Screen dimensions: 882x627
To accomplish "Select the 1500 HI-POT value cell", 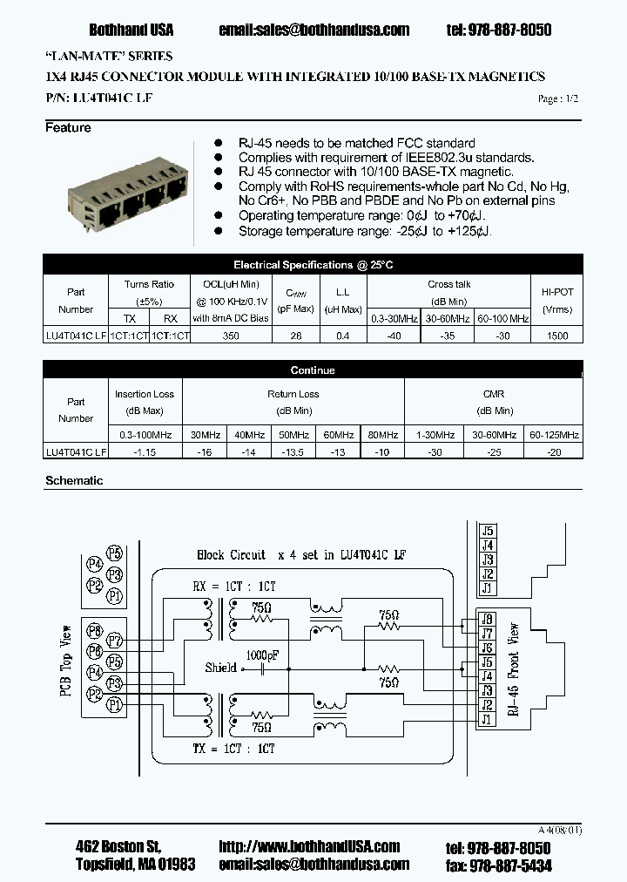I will pos(556,336).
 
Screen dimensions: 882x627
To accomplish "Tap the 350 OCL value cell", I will pos(230,336).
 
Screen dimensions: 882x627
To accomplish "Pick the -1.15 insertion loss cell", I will pos(145,452).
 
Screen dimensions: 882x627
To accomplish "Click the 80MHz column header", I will pos(379,434).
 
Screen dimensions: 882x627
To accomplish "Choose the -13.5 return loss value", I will pos(293,452).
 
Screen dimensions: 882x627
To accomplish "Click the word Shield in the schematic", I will pos(220,668).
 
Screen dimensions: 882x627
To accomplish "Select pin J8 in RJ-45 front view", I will pos(488,621).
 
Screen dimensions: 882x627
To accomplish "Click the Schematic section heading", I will pos(73,480).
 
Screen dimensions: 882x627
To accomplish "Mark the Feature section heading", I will pos(68,128).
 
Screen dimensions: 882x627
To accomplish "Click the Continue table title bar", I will pos(313,370).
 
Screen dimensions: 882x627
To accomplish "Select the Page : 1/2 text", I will pos(557,99).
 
